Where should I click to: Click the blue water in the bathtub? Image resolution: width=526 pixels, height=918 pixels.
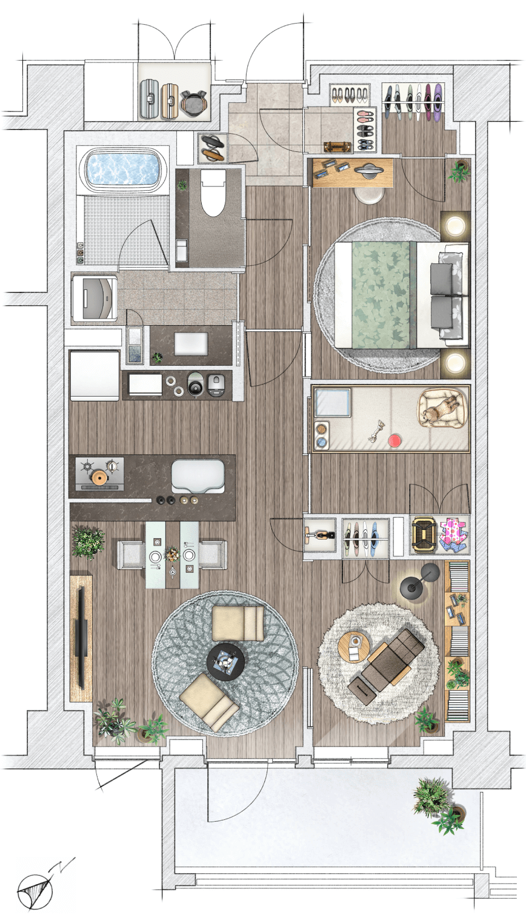(x=123, y=168)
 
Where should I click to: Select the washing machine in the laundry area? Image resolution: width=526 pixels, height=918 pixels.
(x=95, y=298)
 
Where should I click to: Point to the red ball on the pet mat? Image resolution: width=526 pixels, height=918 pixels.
(x=394, y=441)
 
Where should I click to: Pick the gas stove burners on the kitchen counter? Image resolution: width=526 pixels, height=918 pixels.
(x=99, y=474)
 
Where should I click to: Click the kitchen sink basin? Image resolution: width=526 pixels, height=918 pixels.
(x=198, y=476)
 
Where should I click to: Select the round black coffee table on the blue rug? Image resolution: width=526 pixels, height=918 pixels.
(x=225, y=662)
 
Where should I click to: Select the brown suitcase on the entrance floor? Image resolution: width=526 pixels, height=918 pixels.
(x=338, y=147)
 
